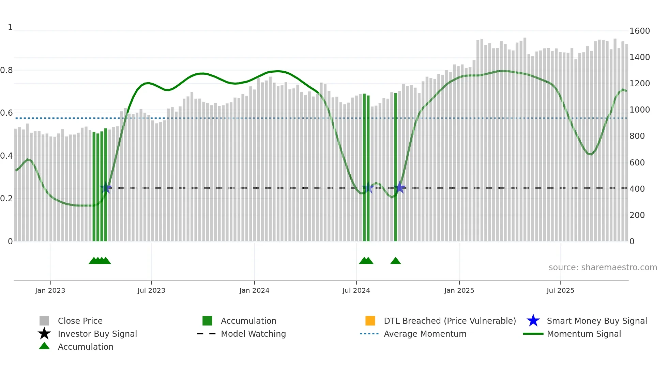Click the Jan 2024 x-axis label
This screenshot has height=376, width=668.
pos(254,290)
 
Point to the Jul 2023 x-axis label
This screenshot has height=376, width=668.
pos(151,290)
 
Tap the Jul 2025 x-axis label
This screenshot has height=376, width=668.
pos(560,290)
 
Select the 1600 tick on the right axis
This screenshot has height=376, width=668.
pos(639,31)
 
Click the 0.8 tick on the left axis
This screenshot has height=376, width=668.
pos(6,70)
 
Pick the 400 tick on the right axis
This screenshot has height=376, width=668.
pos(637,189)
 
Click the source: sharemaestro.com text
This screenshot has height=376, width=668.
pos(603,267)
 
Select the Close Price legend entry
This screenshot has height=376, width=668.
pos(80,321)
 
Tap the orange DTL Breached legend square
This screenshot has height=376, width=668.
pos(370,321)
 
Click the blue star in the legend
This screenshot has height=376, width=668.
pos(533,321)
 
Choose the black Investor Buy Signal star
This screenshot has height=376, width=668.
pos(44,334)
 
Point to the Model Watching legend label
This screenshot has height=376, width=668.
pos(253,334)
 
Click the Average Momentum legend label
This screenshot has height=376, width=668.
pos(425,334)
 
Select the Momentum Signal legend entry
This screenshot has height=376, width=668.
pos(584,334)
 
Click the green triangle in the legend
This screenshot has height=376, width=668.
pos(44,346)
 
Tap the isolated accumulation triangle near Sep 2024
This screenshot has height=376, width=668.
pos(395,261)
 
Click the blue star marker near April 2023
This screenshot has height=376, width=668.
pos(106,188)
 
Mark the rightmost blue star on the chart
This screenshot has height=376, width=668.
pos(399,188)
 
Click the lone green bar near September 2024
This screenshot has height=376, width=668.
pos(396,167)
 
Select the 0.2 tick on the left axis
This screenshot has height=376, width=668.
pos(6,199)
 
